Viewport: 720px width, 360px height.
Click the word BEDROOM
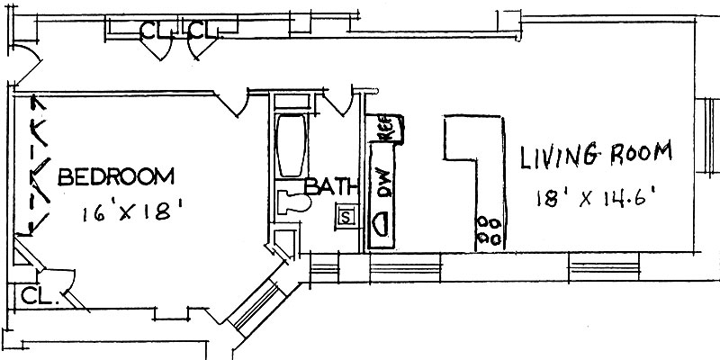click(x=115, y=176)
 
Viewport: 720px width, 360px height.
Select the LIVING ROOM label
click(x=596, y=155)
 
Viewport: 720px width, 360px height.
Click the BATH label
click(x=330, y=188)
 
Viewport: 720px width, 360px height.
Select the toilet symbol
click(x=290, y=202)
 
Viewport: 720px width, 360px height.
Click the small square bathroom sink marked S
click(x=346, y=216)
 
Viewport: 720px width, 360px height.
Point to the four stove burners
click(x=490, y=229)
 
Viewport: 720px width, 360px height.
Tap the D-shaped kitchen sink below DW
click(x=382, y=223)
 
